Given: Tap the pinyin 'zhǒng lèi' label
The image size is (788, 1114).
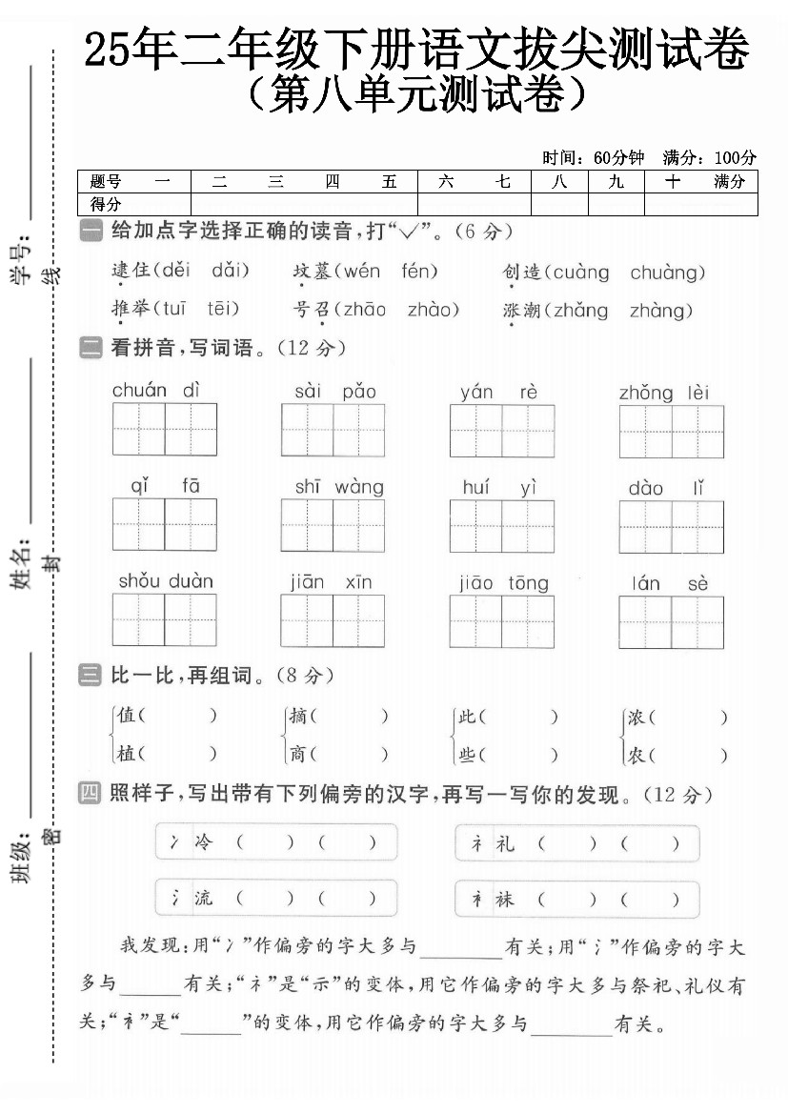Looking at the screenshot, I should [664, 393].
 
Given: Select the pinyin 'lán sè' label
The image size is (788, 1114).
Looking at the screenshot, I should [670, 583].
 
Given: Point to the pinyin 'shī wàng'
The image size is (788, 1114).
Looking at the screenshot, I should [338, 487].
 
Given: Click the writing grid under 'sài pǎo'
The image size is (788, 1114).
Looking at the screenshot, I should [333, 430].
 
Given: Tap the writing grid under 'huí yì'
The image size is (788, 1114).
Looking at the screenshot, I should [501, 526].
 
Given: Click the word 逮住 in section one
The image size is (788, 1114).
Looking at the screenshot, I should [131, 272].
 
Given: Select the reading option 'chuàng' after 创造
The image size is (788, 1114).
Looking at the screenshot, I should [667, 273].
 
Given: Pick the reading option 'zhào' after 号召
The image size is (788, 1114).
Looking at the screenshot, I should [433, 310].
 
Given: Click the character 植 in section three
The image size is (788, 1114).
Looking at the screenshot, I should [126, 754].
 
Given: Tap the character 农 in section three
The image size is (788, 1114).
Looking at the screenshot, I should [636, 755].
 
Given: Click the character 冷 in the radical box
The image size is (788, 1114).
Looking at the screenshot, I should [204, 842].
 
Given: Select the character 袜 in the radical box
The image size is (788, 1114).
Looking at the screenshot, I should [504, 899].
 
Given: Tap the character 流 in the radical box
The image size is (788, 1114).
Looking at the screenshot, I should [204, 898].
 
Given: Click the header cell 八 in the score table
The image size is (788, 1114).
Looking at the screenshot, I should [559, 181].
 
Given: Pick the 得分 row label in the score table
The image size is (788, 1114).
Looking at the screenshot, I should [106, 204].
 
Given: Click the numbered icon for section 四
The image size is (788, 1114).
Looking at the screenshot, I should [91, 793].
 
